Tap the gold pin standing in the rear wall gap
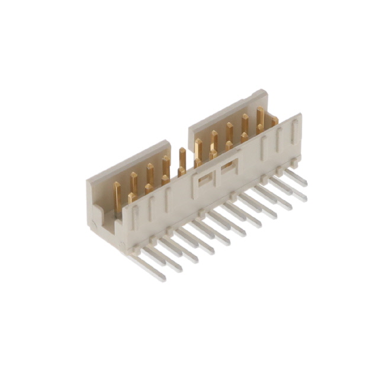[182, 160]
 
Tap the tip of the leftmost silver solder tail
[162, 278]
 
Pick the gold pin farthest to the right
[274, 121]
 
